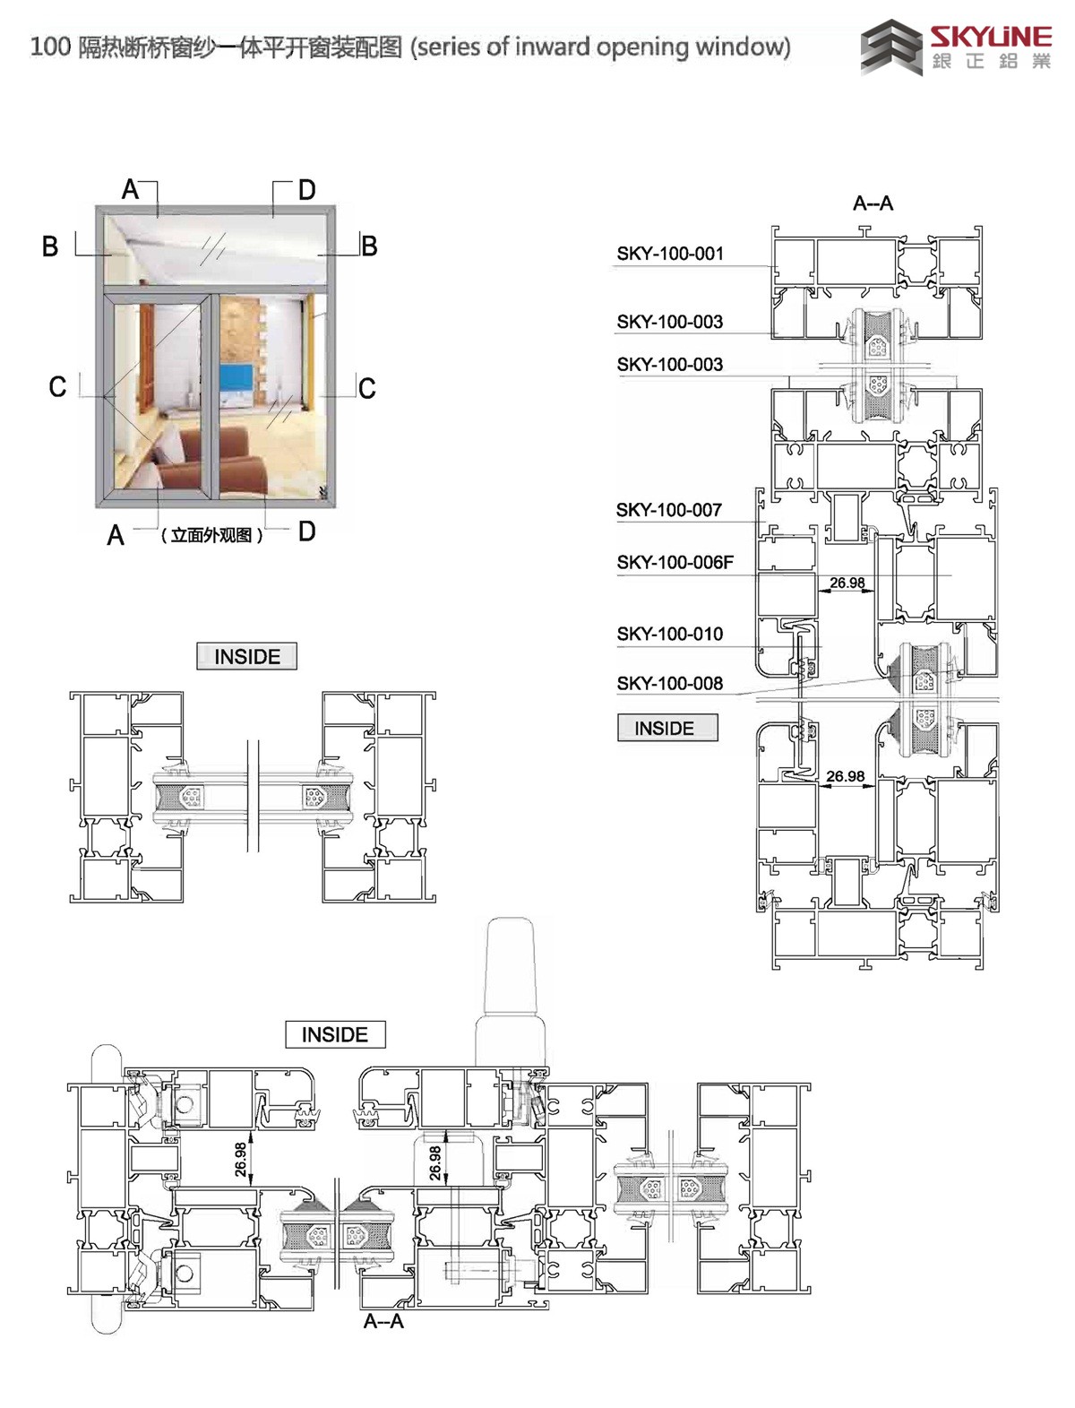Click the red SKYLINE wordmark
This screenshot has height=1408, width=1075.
pyautogui.click(x=991, y=36)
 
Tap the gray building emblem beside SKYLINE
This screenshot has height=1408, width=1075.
pyautogui.click(x=891, y=47)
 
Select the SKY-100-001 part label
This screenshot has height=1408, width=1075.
pyautogui.click(x=670, y=254)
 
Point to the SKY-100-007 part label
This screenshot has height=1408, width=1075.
pyautogui.click(x=668, y=510)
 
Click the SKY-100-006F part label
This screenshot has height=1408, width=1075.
pyautogui.click(x=675, y=563)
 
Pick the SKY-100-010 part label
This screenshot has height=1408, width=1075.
pyautogui.click(x=670, y=634)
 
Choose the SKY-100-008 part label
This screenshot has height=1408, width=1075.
pyautogui.click(x=670, y=684)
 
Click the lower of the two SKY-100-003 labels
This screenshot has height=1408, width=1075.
pyautogui.click(x=670, y=365)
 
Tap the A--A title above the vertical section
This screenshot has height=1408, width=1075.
pyautogui.click(x=873, y=203)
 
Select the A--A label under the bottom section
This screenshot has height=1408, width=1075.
pyautogui.click(x=383, y=1321)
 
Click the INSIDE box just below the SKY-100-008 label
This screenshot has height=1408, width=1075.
pyautogui.click(x=667, y=728)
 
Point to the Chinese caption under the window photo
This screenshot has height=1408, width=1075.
pyautogui.click(x=211, y=535)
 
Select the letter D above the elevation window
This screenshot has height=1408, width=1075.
pyautogui.click(x=307, y=190)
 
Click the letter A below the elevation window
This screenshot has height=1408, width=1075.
pyautogui.click(x=116, y=535)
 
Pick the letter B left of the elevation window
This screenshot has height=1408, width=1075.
pyautogui.click(x=50, y=246)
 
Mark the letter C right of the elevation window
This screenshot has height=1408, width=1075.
pyautogui.click(x=366, y=388)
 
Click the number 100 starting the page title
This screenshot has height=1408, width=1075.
pyautogui.click(x=50, y=47)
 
